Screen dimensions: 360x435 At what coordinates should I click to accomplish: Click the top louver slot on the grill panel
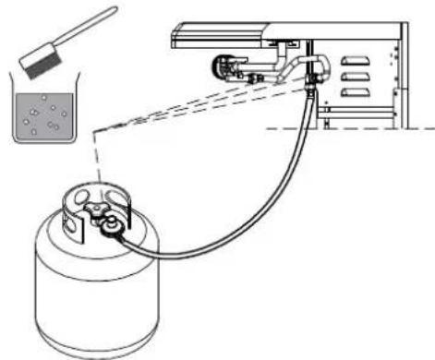(x=353, y=62)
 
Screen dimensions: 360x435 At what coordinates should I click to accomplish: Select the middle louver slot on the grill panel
(x=353, y=77)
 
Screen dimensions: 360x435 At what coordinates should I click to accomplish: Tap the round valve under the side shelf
(x=223, y=67)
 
